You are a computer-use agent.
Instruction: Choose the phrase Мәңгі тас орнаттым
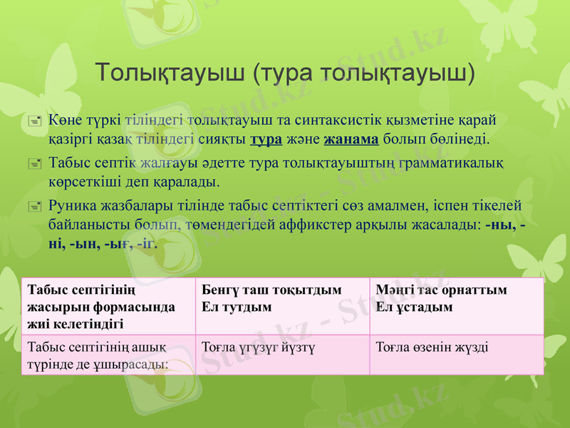pyautogui.click(x=442, y=291)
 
